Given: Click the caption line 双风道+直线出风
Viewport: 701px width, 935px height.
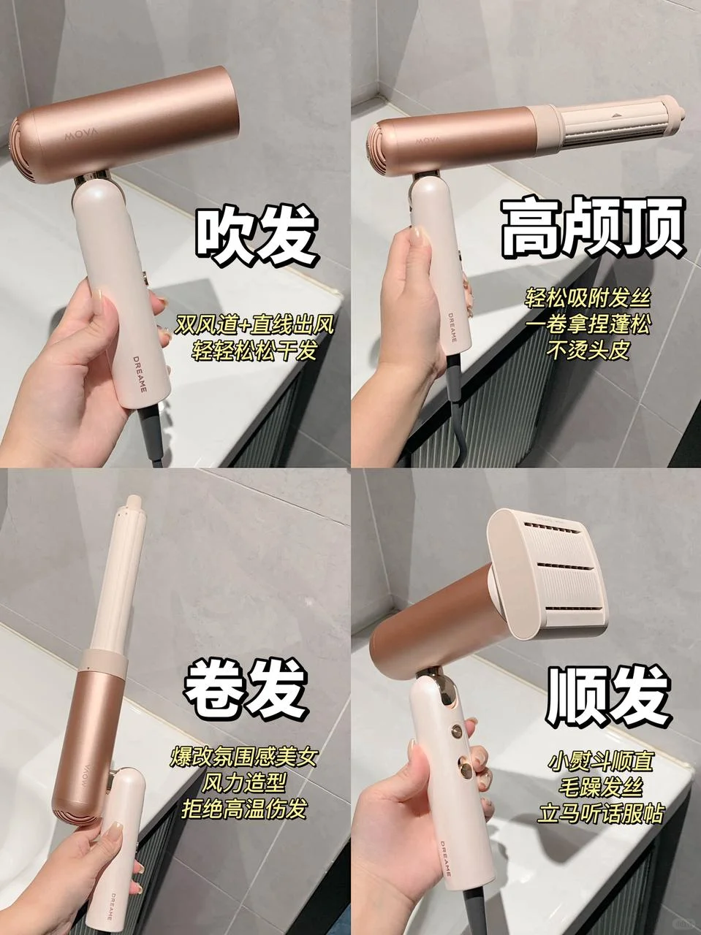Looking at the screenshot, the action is point(254,327).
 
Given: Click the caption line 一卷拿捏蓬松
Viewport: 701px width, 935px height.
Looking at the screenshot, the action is point(588,325).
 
